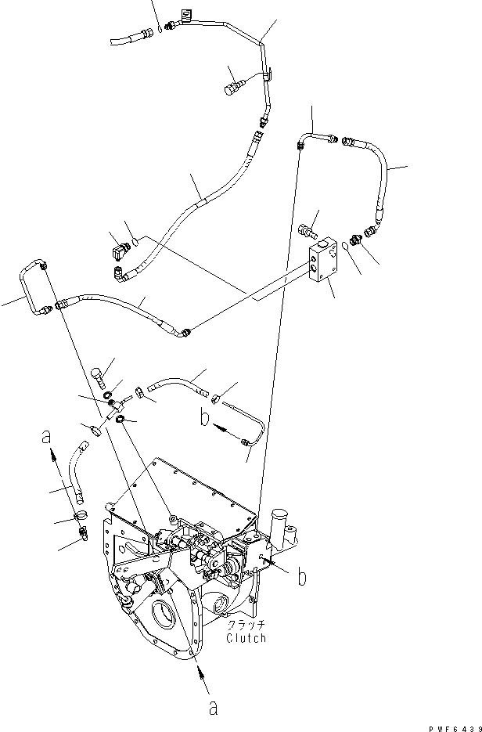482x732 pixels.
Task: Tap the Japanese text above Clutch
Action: click(x=246, y=626)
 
